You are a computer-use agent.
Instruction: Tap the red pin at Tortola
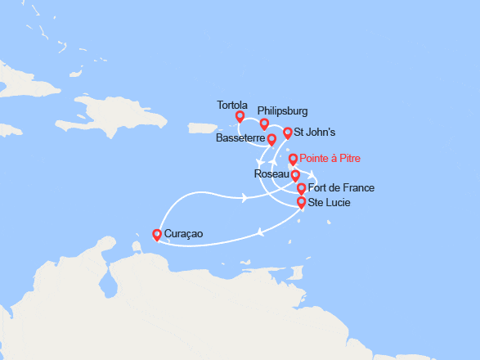point(240,116)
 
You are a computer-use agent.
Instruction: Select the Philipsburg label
point(283,110)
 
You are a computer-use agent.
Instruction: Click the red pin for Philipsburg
point(264,124)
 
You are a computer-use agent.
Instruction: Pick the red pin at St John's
point(287,133)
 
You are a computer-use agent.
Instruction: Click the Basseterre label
point(240,138)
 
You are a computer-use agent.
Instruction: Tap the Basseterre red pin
point(271,140)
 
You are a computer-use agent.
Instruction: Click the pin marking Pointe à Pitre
point(294,159)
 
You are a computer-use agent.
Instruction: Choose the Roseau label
point(270,174)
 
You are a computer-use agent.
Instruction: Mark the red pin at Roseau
point(295,175)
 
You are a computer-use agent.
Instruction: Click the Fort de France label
point(341,188)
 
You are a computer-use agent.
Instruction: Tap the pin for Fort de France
point(301,189)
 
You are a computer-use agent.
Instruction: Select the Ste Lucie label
point(331,201)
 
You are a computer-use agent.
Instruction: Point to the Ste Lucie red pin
point(301,202)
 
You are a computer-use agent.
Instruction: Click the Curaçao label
point(183,235)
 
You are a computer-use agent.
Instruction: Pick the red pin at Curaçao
point(157,235)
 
